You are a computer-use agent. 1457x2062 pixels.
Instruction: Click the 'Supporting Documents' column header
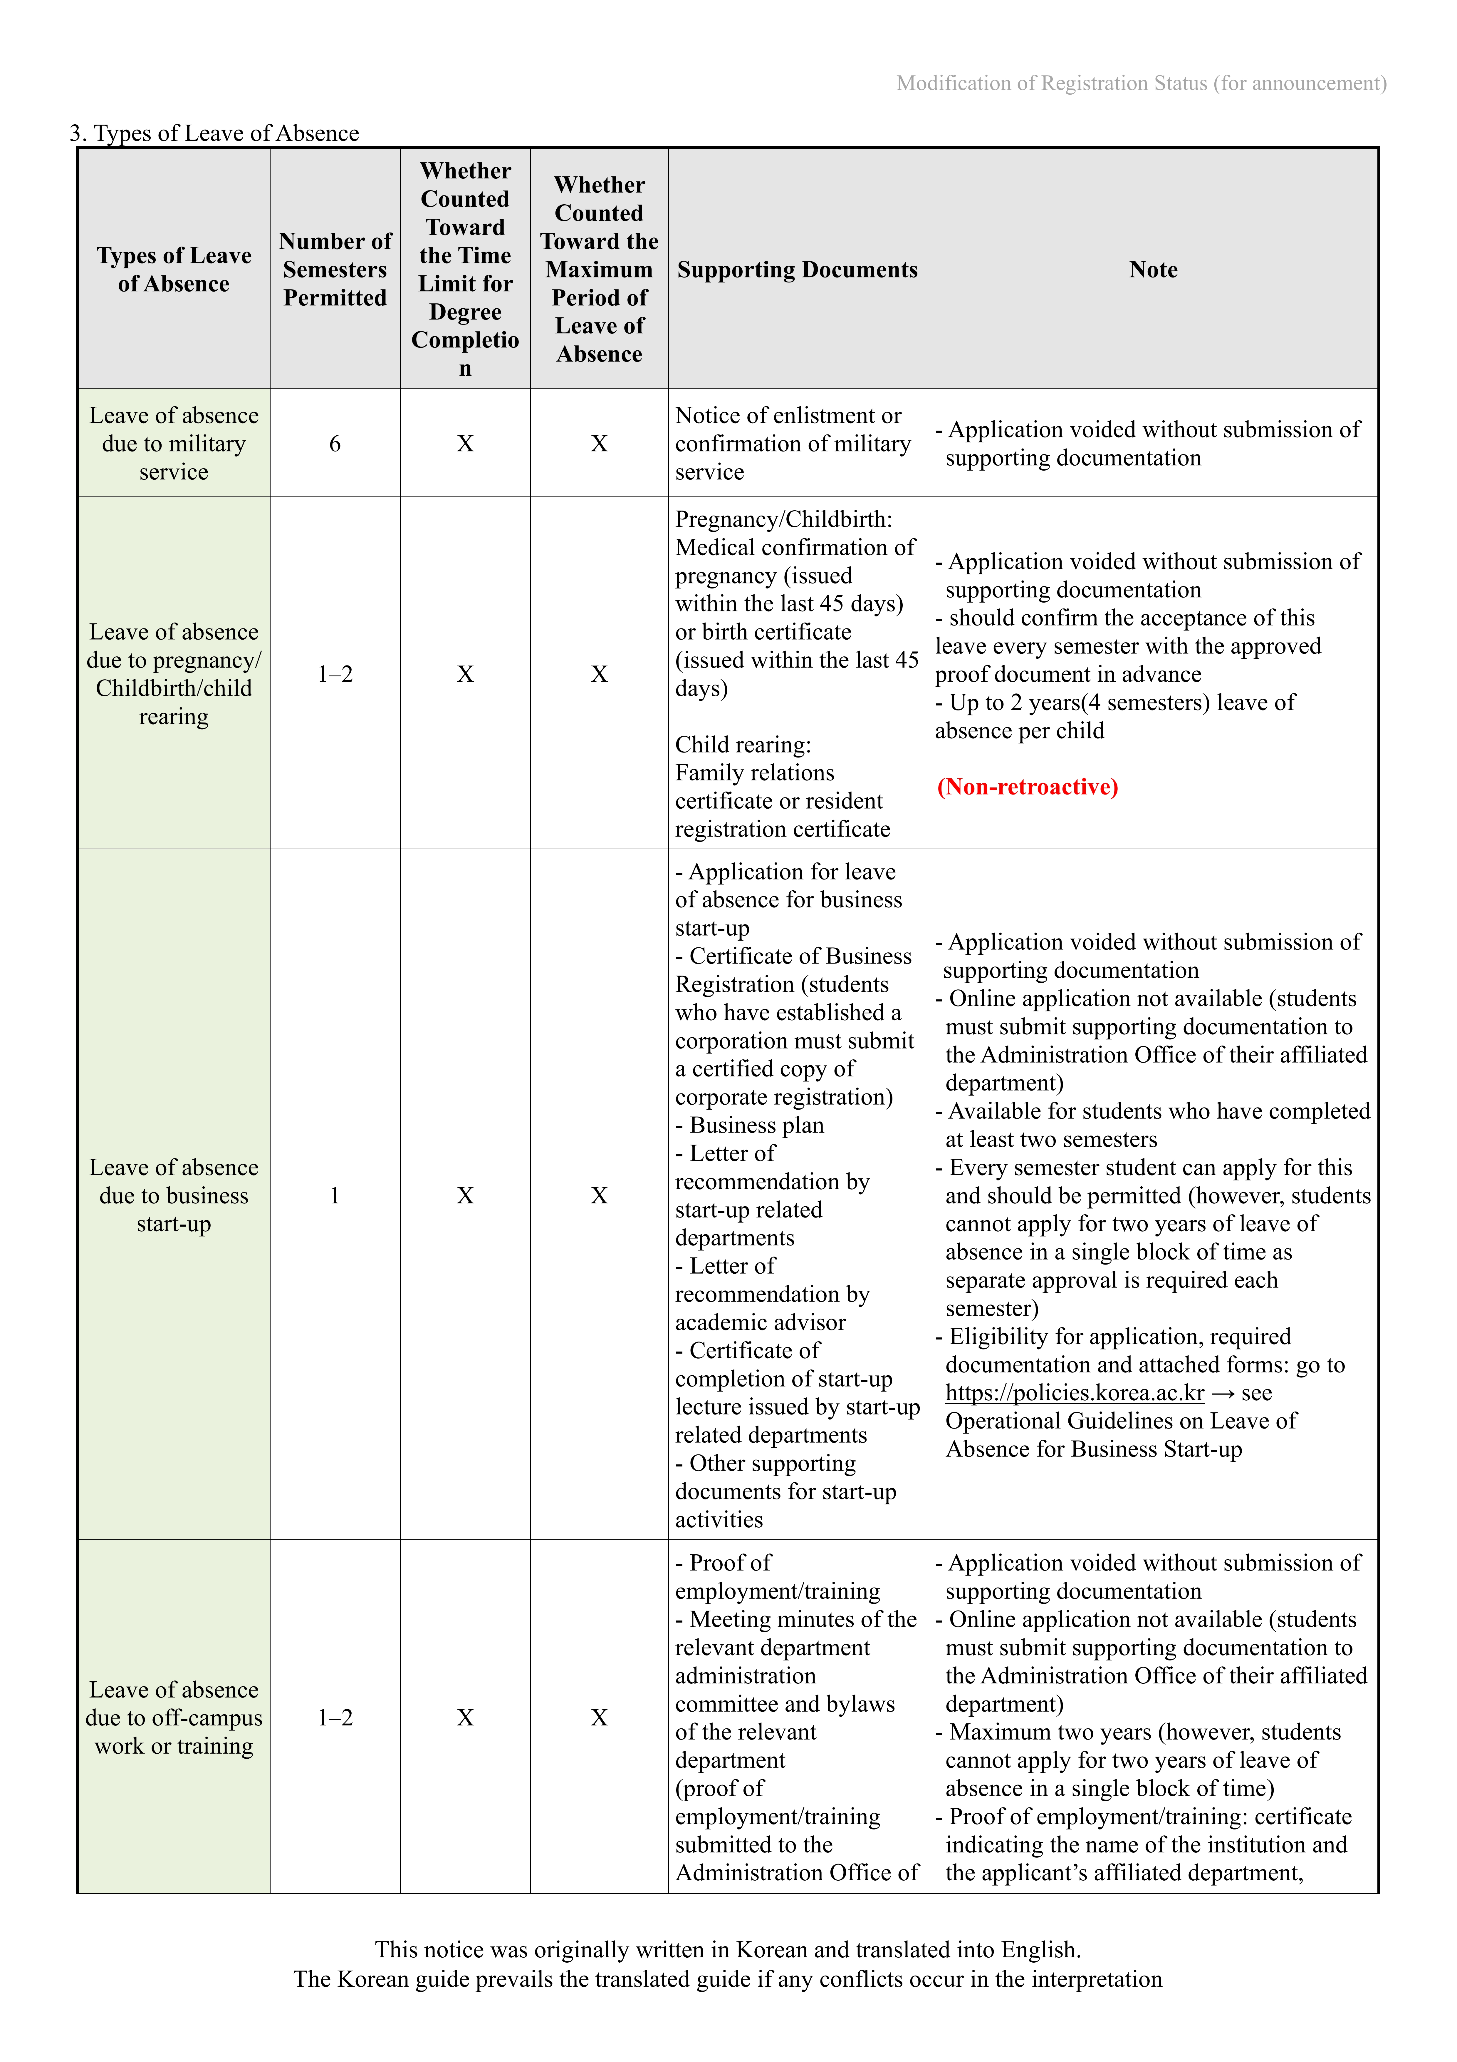coord(797,270)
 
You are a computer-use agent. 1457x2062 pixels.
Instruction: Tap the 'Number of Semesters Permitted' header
coord(335,270)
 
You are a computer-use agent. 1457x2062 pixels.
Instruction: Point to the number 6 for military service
coord(335,444)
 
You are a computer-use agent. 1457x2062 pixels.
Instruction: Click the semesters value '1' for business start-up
coord(335,1195)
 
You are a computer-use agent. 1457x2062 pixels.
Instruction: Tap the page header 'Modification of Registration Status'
coord(1141,83)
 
